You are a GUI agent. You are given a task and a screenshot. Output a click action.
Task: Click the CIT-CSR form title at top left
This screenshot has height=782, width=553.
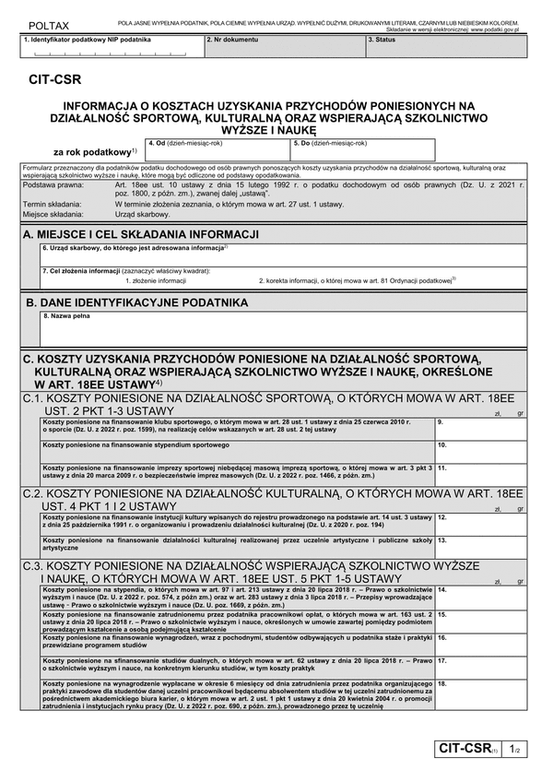[53, 80]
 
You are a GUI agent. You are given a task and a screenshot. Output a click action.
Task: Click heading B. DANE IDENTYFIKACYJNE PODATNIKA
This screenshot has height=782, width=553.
[136, 302]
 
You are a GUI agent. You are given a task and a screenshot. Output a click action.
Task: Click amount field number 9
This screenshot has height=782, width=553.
[483, 429]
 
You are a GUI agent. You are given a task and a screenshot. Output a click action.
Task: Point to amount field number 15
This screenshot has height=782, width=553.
[483, 619]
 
